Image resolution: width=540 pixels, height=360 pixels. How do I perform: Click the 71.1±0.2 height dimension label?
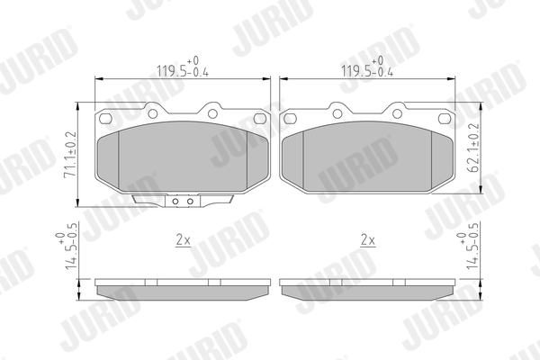[70, 154]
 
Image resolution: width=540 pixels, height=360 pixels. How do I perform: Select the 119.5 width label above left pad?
[183, 67]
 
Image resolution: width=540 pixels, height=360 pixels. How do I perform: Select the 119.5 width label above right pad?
[367, 67]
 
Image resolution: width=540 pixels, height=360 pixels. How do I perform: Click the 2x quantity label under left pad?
[184, 239]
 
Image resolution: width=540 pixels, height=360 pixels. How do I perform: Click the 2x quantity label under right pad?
[368, 239]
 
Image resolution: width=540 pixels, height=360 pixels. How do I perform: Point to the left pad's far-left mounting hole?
[105, 119]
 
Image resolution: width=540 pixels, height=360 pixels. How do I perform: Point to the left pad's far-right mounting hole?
[260, 119]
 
